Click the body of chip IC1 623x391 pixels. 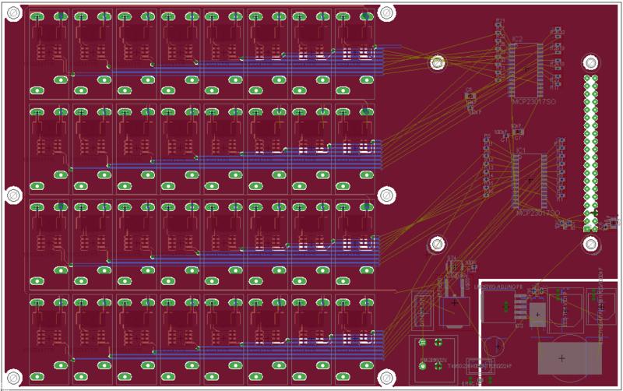point(530,180)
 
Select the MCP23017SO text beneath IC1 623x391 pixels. point(538,213)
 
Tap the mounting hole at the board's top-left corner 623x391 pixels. point(13,12)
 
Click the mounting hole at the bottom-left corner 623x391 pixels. point(13,376)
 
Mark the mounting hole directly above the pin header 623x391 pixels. point(590,62)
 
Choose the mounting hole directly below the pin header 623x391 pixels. point(590,244)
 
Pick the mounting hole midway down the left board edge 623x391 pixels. point(13,194)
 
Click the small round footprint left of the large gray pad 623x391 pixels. point(494,346)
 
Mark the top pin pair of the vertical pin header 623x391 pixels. point(590,79)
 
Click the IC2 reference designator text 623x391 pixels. point(518,37)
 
